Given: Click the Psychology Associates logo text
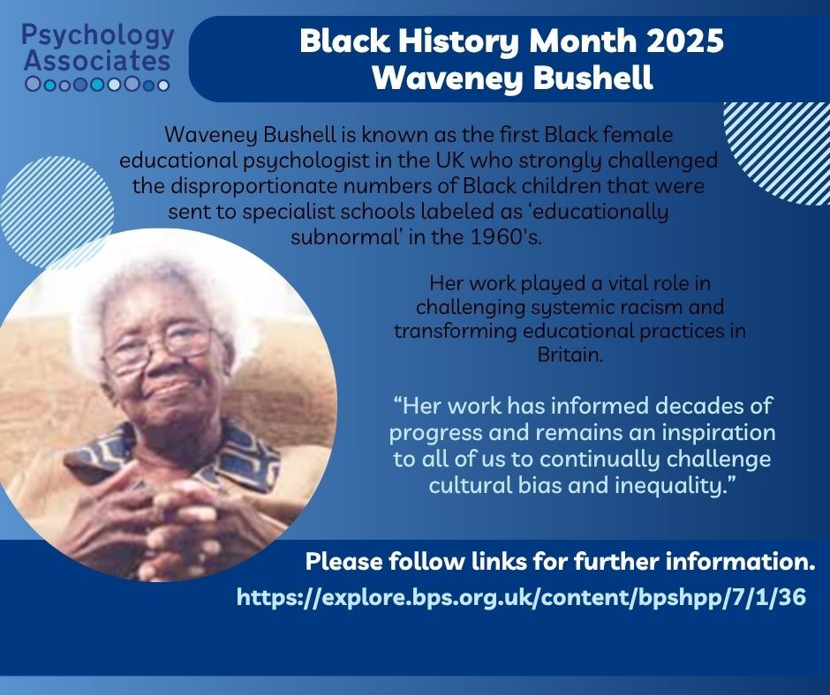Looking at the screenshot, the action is [x=98, y=49].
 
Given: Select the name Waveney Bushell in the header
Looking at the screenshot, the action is [x=512, y=78].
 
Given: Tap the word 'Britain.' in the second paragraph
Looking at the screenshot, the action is [x=570, y=354].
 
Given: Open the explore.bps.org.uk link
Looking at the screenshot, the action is [x=521, y=597].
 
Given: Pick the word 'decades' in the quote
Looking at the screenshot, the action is [x=698, y=406].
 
